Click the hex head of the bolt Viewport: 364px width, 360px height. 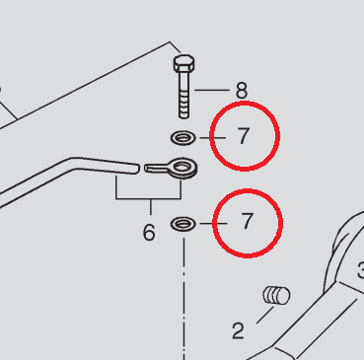point(183,63)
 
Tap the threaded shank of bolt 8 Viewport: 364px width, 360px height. point(184,96)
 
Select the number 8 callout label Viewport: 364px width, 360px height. point(242,90)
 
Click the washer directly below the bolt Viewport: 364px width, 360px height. point(183,138)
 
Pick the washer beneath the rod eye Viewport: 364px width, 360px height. point(183,224)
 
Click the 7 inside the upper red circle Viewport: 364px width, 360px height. point(244,136)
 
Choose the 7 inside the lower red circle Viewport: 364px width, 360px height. point(247,221)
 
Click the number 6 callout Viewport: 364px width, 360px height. point(149,233)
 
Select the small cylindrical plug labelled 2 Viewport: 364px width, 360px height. point(276,295)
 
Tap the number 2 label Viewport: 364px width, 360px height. point(238,330)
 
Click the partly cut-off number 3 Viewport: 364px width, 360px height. point(361,270)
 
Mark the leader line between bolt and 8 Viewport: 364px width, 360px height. point(212,90)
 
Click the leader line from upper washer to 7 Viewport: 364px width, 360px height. point(213,138)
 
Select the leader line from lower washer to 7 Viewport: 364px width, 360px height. point(213,224)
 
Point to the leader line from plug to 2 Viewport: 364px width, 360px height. point(264,315)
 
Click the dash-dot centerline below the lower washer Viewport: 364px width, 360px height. point(183,299)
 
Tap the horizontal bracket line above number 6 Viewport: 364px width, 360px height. point(149,198)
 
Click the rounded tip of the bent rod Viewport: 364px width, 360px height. point(137,169)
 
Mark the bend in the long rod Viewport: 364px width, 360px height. point(73,164)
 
